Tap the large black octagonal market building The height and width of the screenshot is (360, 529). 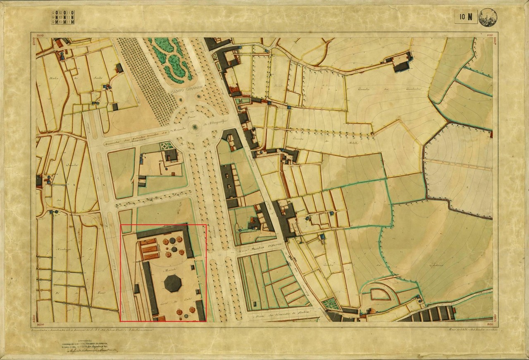coord(173,283)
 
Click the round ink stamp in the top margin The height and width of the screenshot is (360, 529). coord(487,17)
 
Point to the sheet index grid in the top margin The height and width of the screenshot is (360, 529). coord(63,17)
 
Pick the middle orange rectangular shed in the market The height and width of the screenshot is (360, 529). coord(150,249)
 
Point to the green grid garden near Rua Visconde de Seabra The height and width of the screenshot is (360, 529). coord(330,304)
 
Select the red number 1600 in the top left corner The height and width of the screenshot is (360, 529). coord(40,36)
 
